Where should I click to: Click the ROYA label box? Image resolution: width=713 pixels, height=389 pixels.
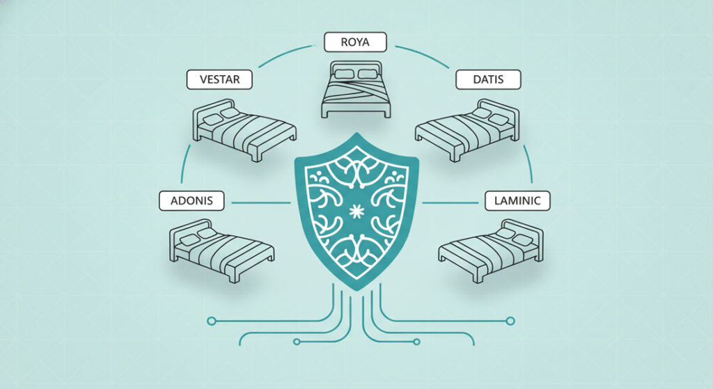[355, 42]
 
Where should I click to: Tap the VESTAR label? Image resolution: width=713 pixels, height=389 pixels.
[219, 79]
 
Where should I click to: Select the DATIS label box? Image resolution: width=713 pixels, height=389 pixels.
[488, 79]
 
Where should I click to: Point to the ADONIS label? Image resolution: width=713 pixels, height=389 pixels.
[191, 200]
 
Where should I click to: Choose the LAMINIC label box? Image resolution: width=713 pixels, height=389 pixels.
[517, 200]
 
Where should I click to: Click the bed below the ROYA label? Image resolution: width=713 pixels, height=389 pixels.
[356, 90]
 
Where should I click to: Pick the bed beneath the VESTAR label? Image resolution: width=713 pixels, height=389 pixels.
[244, 130]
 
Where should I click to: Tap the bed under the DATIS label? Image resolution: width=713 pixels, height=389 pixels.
[467, 130]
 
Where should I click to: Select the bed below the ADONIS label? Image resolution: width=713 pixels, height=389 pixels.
[221, 251]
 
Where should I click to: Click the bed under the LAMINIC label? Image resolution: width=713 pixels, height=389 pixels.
[491, 251]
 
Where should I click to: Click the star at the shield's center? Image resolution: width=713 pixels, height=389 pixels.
[355, 211]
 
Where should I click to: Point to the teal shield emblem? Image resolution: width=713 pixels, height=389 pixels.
[356, 212]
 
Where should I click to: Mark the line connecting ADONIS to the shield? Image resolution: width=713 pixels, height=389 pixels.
[261, 203]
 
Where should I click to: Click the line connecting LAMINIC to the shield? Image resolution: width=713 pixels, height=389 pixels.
[450, 203]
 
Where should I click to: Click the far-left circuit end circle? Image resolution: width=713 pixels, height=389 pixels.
[211, 321]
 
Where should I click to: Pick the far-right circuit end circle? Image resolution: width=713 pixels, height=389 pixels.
[510, 321]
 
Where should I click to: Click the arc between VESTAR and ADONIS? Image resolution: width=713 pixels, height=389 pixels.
[184, 164]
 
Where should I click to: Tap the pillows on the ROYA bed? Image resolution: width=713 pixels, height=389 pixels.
[356, 74]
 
